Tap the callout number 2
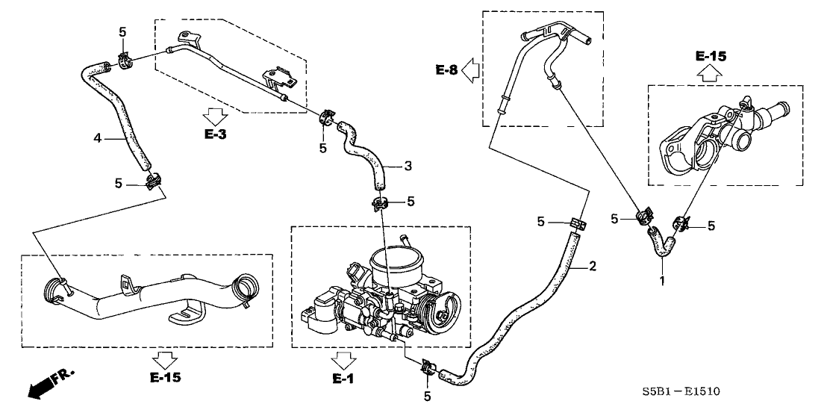click(x=592, y=265)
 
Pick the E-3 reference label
click(x=215, y=134)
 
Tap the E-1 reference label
click(x=343, y=379)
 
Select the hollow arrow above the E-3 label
click(x=215, y=116)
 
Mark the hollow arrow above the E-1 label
click(x=343, y=359)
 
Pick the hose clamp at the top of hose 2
click(x=576, y=223)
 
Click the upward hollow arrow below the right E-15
click(x=710, y=72)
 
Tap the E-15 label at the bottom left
click(x=165, y=378)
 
